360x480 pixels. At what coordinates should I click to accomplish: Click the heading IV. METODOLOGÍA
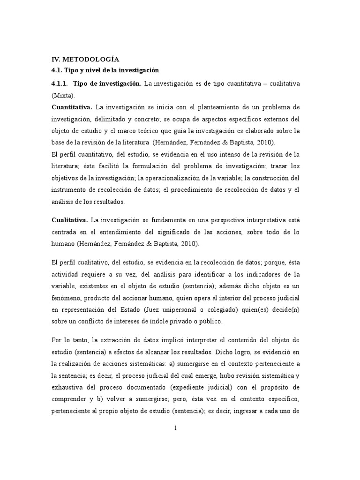(x=85, y=59)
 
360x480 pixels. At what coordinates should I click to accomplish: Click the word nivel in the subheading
(x=90, y=70)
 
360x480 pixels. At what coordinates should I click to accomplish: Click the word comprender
(x=70, y=387)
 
